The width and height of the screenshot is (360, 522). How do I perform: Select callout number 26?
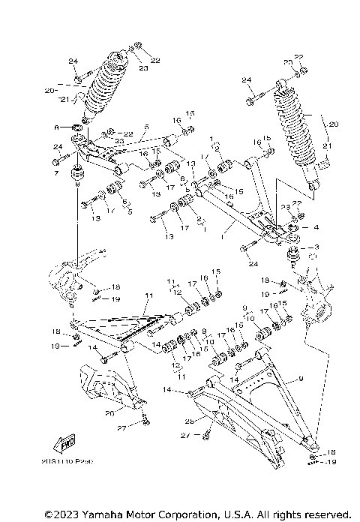pos(109,411)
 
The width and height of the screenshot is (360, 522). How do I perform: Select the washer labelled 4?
pos(294,227)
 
